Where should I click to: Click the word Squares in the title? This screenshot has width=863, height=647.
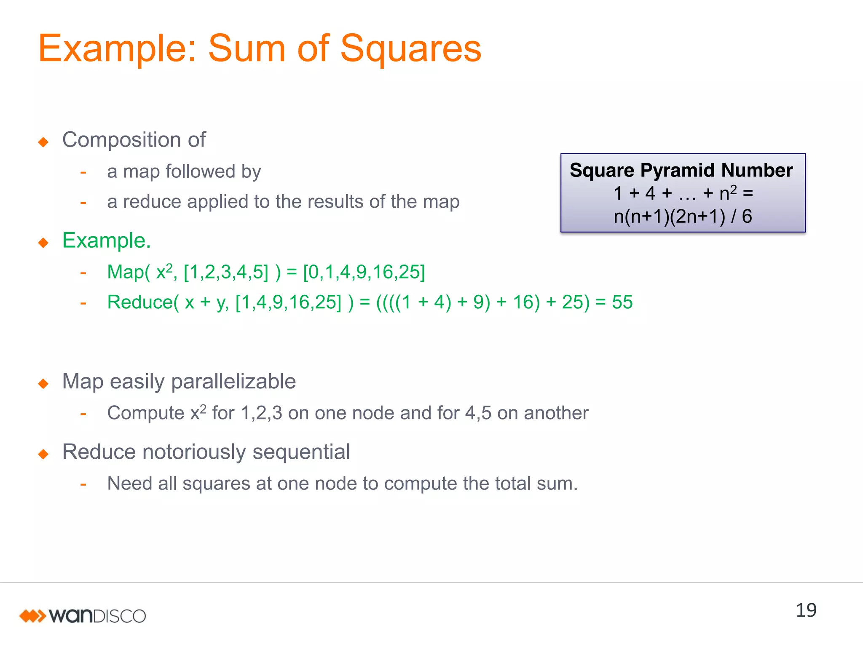pos(410,49)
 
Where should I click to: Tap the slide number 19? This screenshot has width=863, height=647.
pos(806,610)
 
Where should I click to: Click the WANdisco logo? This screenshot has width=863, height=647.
pos(83,616)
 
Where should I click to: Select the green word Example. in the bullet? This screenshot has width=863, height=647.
pos(106,241)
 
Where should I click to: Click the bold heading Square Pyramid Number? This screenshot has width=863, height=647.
pos(681,170)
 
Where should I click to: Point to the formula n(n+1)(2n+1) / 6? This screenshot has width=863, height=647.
pos(683,217)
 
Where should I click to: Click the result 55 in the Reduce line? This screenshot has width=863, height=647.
pos(622,302)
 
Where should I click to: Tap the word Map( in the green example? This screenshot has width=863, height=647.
pos(128,272)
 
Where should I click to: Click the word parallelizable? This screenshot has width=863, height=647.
pos(233,382)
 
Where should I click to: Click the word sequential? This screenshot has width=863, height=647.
pos(301,452)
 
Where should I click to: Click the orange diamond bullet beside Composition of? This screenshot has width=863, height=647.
pos(43,142)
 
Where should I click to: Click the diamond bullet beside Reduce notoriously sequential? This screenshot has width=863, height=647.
pos(43,454)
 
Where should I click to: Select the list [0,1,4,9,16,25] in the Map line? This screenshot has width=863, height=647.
pos(364,272)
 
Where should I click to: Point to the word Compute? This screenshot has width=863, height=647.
pos(145,413)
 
